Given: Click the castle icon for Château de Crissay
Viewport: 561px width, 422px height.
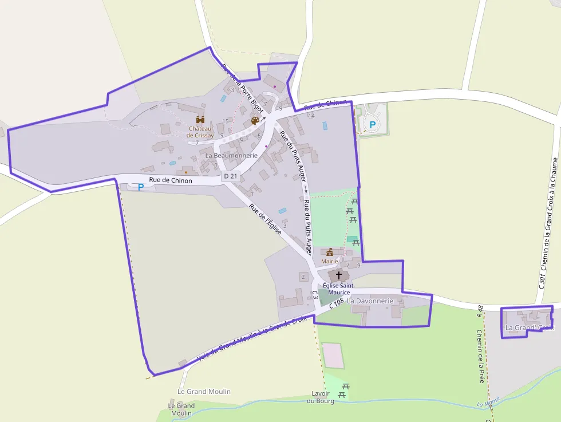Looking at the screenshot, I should [x=200, y=120].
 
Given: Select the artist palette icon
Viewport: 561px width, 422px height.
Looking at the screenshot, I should [x=255, y=121].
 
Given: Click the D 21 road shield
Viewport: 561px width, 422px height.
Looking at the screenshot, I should [x=230, y=176].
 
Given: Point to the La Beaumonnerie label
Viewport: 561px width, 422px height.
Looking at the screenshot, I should [x=231, y=155].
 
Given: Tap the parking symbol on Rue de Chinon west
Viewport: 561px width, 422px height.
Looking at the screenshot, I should [x=140, y=187].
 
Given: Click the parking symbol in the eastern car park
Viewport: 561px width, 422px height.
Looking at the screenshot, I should [x=373, y=124].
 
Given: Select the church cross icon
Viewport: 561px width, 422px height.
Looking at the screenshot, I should [x=338, y=275].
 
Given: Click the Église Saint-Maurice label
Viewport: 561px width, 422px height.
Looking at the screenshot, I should [x=339, y=289].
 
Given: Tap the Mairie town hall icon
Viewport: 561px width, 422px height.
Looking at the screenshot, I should [x=330, y=252].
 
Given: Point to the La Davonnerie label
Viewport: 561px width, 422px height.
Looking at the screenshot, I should [x=370, y=301].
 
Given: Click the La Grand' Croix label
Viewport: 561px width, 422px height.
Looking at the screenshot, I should [x=530, y=328].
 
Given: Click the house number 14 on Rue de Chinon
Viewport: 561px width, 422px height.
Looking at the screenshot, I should [x=311, y=116].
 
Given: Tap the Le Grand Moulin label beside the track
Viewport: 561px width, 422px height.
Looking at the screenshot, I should [x=204, y=392].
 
